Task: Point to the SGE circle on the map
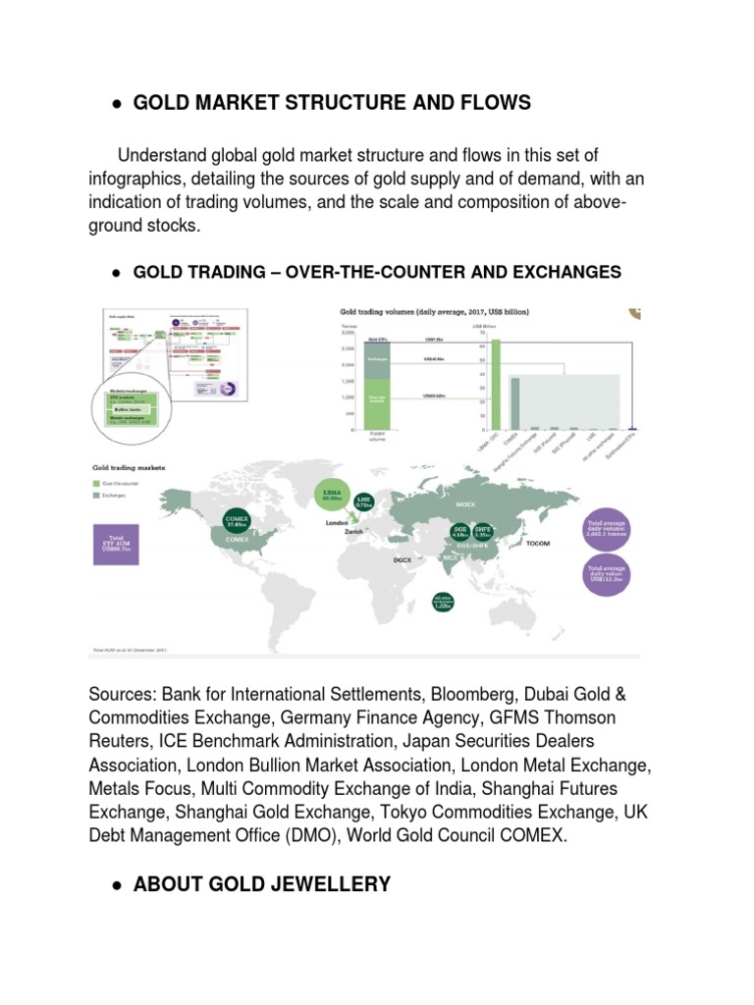coord(460,531)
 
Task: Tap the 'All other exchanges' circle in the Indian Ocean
coord(442,601)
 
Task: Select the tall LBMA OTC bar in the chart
coord(496,384)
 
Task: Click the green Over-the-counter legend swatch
coord(95,483)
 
